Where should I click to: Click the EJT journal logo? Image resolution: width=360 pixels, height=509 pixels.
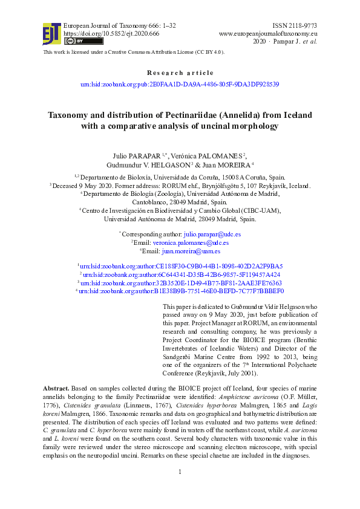pyautogui.click(x=51, y=33)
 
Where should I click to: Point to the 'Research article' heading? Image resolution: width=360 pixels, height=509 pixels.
pyautogui.click(x=180, y=73)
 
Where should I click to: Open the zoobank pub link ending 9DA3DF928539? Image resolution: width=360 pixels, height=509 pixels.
pyautogui.click(x=180, y=85)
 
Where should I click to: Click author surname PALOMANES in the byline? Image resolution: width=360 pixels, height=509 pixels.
pyautogui.click(x=219, y=155)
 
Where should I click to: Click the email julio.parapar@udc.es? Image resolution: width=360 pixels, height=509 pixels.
pyautogui.click(x=212, y=234)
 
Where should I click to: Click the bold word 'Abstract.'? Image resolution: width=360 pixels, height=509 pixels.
pyautogui.click(x=56, y=387)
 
